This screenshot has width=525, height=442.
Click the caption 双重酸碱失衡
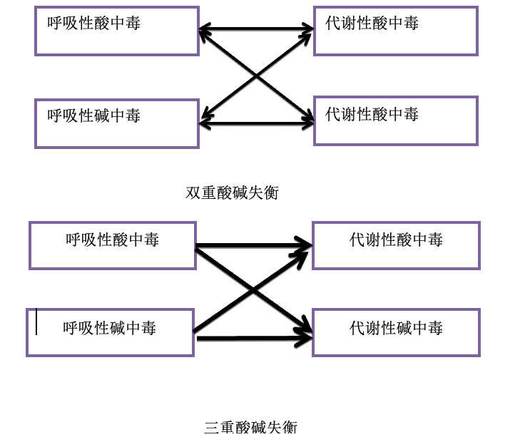232,192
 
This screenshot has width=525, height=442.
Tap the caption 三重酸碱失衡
250,427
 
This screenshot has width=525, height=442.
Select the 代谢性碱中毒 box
397,333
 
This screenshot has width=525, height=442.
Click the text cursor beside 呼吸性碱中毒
36,322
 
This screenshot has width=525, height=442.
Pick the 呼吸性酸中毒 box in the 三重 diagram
113,245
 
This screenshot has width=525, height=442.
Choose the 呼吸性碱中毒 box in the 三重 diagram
110,333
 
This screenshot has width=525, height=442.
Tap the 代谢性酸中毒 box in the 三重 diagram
397,245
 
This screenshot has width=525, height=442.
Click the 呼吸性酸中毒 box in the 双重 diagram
117,31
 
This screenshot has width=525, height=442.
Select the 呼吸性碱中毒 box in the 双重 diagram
117,123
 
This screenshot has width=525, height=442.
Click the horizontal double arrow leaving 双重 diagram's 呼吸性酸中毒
256,29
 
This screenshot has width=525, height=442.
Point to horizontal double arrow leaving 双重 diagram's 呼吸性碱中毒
257,124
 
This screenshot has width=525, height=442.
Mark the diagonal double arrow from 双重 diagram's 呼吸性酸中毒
257,76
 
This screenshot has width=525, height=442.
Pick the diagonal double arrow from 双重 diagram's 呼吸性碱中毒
257,76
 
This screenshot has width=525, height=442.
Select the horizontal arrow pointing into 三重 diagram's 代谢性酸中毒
253,246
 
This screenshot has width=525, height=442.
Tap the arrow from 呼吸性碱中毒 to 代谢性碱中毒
255,339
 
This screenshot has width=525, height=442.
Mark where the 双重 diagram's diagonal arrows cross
257,76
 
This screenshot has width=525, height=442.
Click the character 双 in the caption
193,192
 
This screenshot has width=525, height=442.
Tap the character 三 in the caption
212,427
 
